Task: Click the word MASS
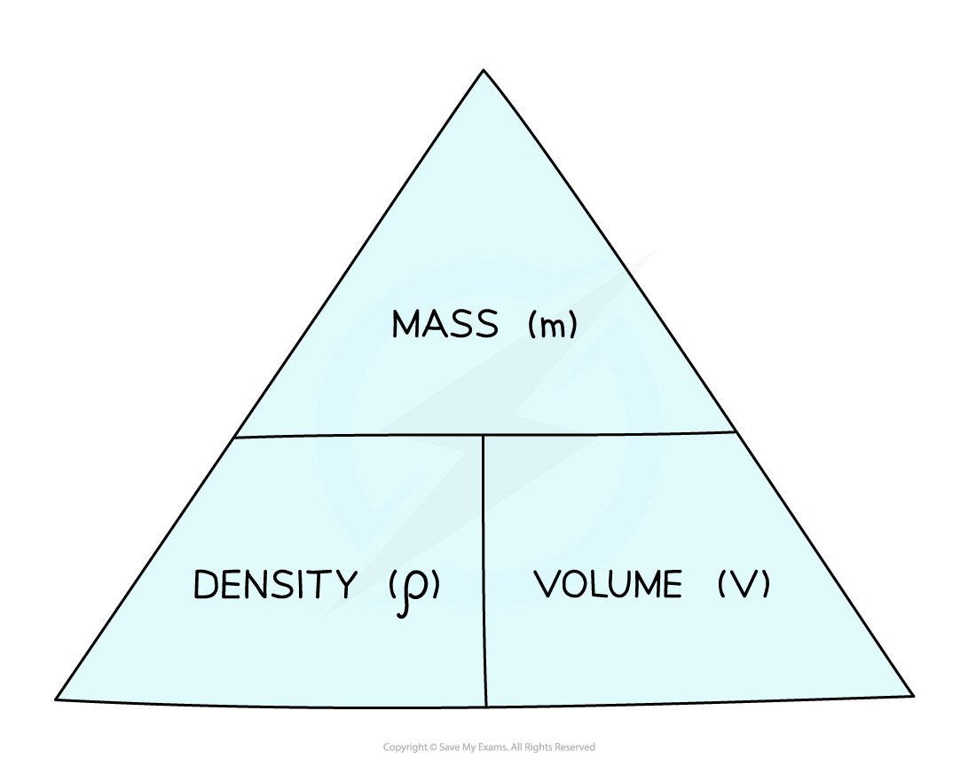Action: click(x=445, y=324)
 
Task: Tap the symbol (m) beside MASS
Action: click(x=553, y=325)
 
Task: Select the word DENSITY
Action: click(x=275, y=584)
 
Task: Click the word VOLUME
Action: click(x=608, y=584)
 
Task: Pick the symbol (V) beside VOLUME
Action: click(x=744, y=584)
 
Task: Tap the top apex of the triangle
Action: click(x=484, y=70)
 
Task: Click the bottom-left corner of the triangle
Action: click(x=56, y=699)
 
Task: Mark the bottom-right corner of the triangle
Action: click(x=913, y=696)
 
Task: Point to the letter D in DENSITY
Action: click(x=205, y=584)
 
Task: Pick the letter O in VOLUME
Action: click(x=575, y=584)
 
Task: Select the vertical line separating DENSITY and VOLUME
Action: click(x=484, y=571)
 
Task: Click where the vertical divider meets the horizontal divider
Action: click(x=483, y=435)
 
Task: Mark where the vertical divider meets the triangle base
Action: click(x=485, y=707)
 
